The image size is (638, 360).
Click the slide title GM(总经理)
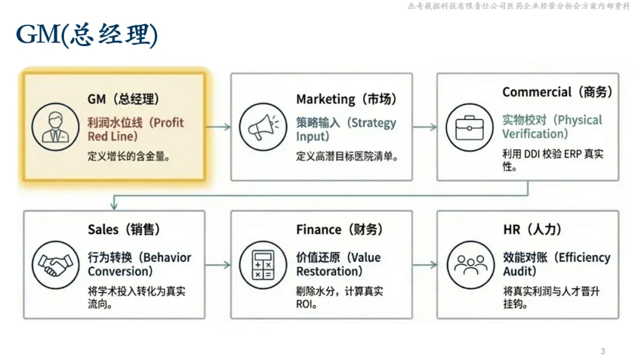[x=87, y=35]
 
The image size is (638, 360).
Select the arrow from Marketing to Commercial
[x=424, y=127]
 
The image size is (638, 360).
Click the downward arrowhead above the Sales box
[x=114, y=205]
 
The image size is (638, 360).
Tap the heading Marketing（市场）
[x=346, y=99]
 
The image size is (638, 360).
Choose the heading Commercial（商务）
[x=557, y=92]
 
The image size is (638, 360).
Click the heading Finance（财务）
[x=339, y=229]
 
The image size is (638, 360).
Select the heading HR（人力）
[x=532, y=229]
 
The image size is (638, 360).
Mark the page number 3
[x=603, y=351]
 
